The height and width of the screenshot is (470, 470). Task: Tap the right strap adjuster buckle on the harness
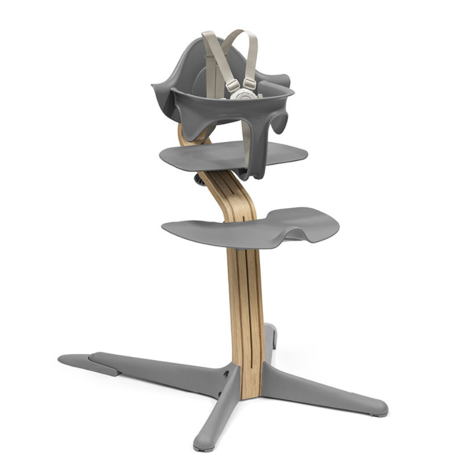pos(250,84)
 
